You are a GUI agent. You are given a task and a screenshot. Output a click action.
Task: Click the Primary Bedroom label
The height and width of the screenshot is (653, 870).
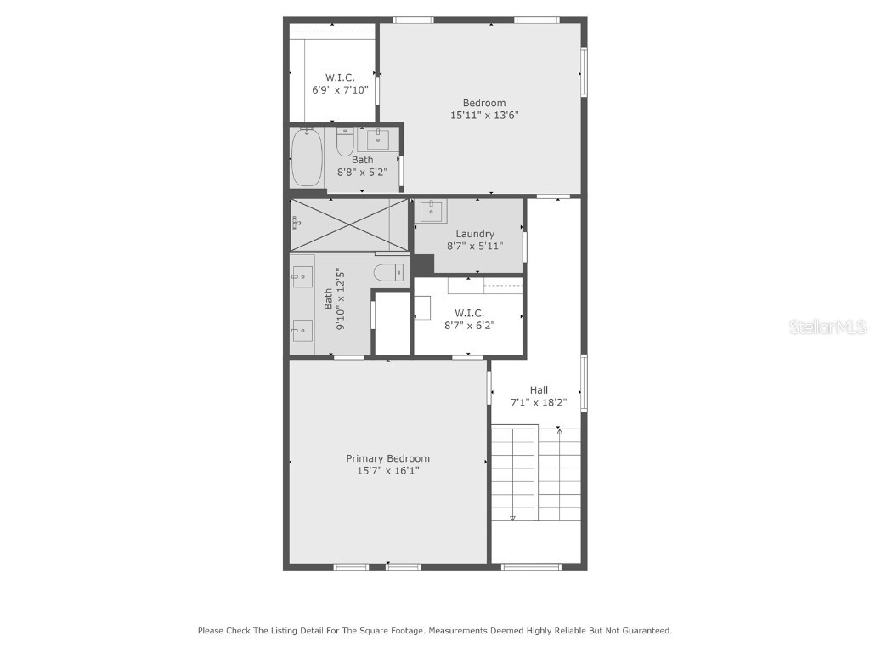click(387, 458)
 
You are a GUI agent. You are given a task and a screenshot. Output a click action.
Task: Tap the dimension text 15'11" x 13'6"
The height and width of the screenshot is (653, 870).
click(484, 115)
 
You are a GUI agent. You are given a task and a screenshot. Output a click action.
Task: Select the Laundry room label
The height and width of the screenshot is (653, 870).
click(475, 234)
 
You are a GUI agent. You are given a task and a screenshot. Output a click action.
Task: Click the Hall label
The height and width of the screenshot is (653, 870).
click(539, 390)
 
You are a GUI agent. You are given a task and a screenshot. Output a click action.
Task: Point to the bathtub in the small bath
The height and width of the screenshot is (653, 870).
click(307, 157)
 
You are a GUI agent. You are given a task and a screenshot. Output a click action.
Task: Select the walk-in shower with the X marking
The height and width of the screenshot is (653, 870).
click(348, 224)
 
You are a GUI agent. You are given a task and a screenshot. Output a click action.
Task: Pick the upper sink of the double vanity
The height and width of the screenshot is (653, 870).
click(302, 275)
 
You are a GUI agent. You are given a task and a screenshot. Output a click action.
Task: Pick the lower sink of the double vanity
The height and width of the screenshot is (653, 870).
click(302, 330)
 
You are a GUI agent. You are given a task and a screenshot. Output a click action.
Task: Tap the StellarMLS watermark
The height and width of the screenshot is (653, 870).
click(828, 326)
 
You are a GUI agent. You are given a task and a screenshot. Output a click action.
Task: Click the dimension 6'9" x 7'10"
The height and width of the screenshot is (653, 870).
click(340, 89)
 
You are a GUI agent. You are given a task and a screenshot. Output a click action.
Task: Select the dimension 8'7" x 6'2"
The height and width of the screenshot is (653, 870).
click(470, 325)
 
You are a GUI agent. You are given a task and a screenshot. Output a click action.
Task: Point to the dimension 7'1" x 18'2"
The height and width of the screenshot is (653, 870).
click(539, 402)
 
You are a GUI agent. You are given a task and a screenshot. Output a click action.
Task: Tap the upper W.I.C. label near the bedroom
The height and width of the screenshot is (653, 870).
click(340, 77)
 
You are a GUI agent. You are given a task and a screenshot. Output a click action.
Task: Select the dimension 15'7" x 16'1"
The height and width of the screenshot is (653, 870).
click(387, 470)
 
